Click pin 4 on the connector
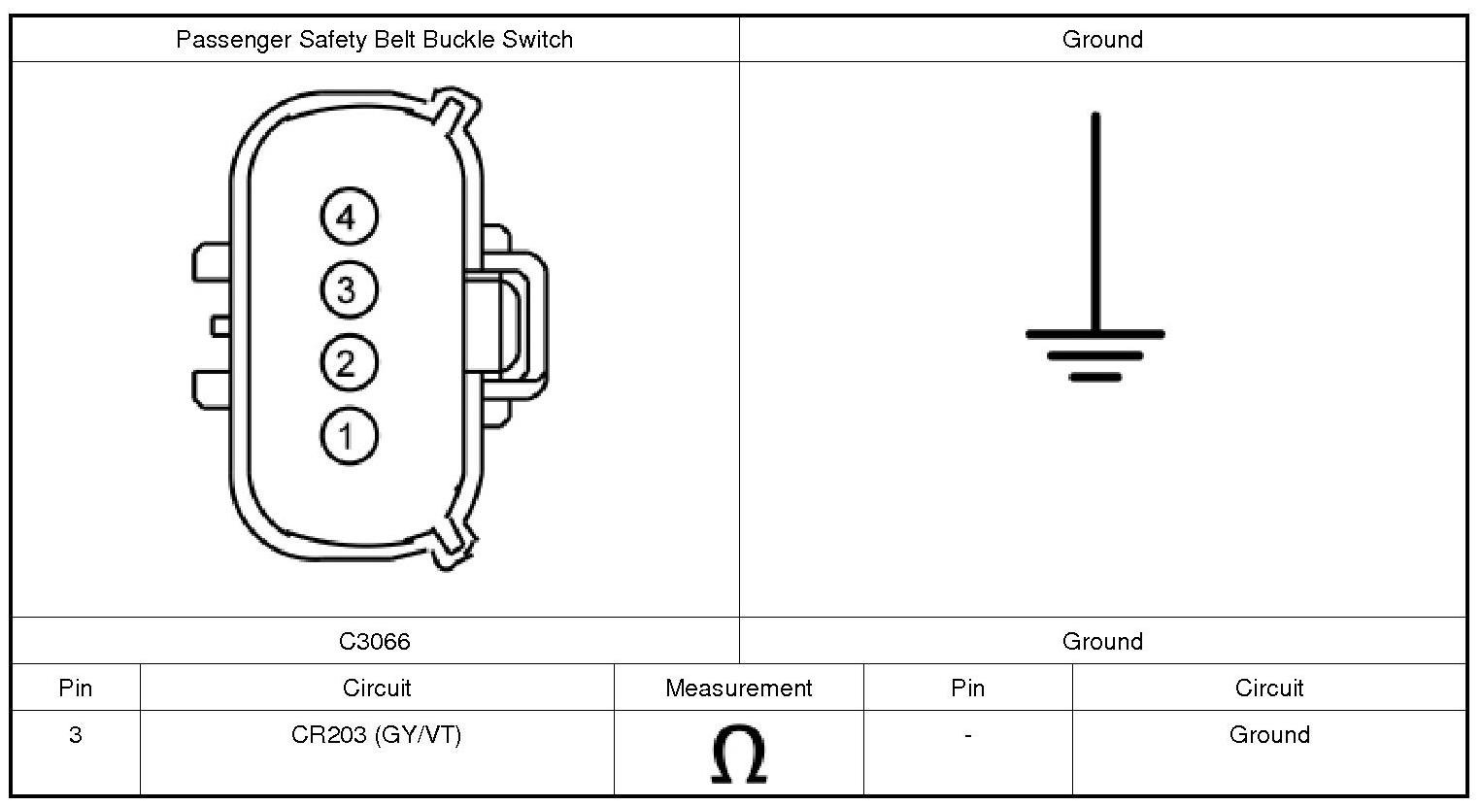pyautogui.click(x=348, y=217)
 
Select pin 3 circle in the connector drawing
pyautogui.click(x=348, y=289)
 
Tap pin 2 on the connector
pyautogui.click(x=348, y=363)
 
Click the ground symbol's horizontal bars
pyautogui.click(x=1095, y=354)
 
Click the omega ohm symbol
pyautogui.click(x=738, y=754)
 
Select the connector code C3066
pyautogui.click(x=374, y=641)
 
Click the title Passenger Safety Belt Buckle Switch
pyautogui.click(x=374, y=40)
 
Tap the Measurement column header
pyautogui.click(x=738, y=688)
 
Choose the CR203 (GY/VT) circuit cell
pyautogui.click(x=376, y=735)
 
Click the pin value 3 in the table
pyautogui.click(x=75, y=735)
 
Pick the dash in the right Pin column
pyautogui.click(x=967, y=736)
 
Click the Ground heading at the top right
pyautogui.click(x=1102, y=40)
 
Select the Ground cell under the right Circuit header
pyautogui.click(x=1269, y=735)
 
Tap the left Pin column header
pyautogui.click(x=75, y=688)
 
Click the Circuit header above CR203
pyautogui.click(x=377, y=688)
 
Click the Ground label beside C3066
pyautogui.click(x=1102, y=641)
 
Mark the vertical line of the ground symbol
pyautogui.click(x=1095, y=223)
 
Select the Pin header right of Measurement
pyautogui.click(x=967, y=688)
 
